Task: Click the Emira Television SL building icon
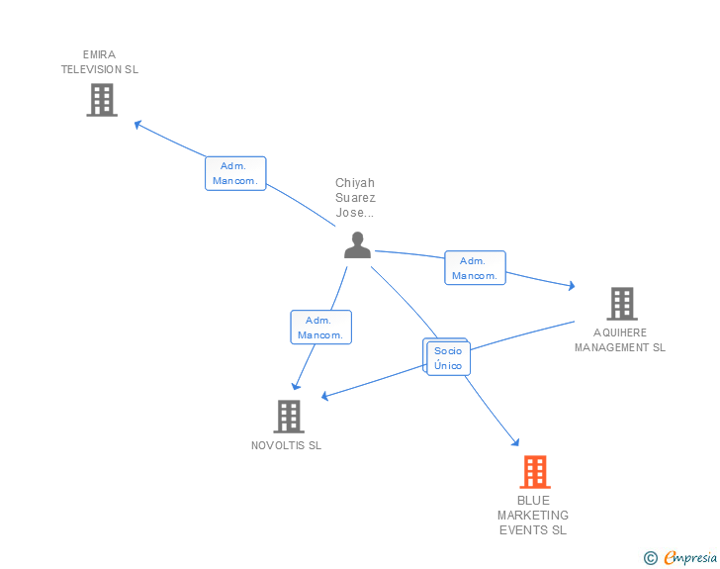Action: pyautogui.click(x=102, y=100)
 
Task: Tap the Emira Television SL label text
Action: pyautogui.click(x=100, y=62)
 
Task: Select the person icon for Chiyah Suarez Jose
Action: pyautogui.click(x=357, y=244)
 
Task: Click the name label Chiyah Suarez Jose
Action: pyautogui.click(x=355, y=198)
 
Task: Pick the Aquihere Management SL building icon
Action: pyautogui.click(x=621, y=304)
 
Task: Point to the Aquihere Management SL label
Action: pyautogui.click(x=620, y=340)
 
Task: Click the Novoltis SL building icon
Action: pyautogui.click(x=288, y=417)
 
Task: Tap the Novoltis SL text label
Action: pyautogui.click(x=286, y=445)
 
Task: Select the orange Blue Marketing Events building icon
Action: pyautogui.click(x=534, y=472)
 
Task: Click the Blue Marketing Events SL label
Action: pyautogui.click(x=533, y=516)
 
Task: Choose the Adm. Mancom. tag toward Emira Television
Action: pyautogui.click(x=235, y=173)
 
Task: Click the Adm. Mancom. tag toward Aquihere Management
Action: pyautogui.click(x=475, y=268)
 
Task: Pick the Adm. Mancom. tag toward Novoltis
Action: pyautogui.click(x=320, y=328)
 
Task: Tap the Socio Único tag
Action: pyautogui.click(x=448, y=358)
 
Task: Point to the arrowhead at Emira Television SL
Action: pyautogui.click(x=137, y=124)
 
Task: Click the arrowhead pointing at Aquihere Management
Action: pyautogui.click(x=571, y=286)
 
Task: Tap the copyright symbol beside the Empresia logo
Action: pyautogui.click(x=651, y=558)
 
